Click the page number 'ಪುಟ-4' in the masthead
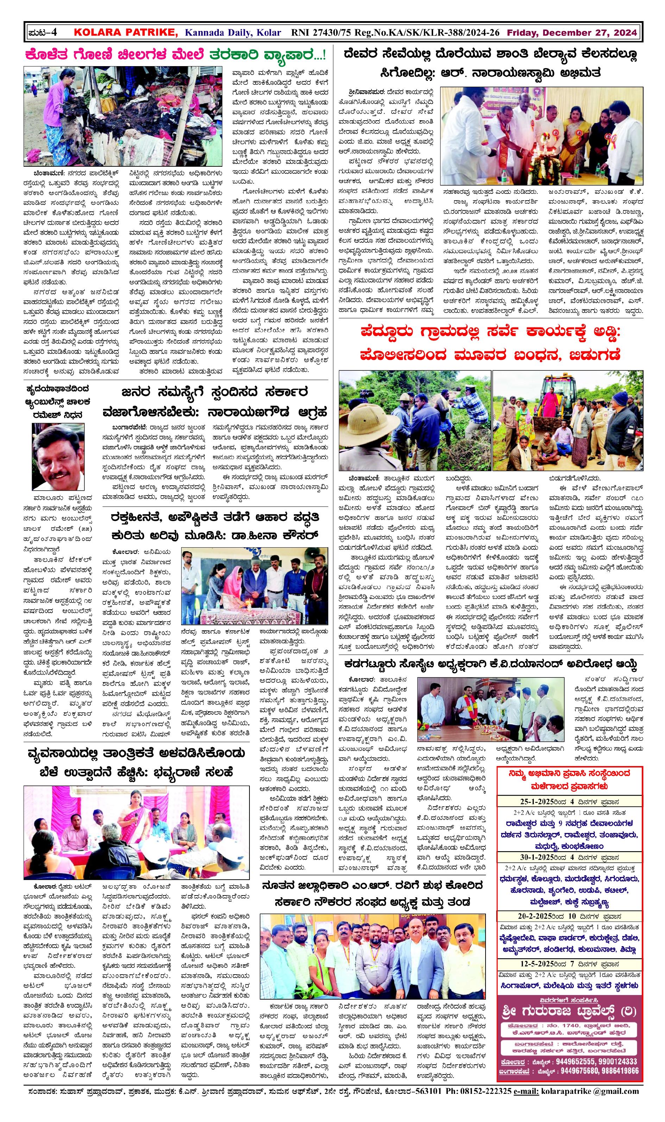coord(42,33)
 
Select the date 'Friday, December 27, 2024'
coord(571,33)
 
